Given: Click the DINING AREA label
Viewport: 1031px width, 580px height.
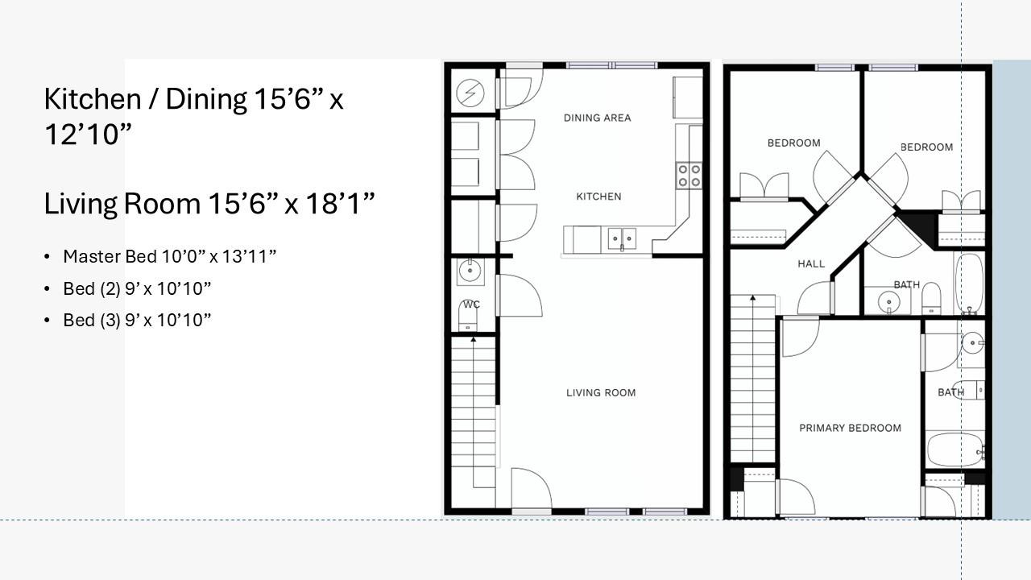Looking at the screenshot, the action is tap(597, 118).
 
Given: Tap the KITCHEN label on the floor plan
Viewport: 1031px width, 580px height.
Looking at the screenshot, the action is tap(598, 197).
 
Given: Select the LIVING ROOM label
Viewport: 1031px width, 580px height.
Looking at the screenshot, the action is tap(601, 392).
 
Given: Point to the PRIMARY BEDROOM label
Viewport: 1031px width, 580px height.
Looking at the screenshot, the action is tap(850, 428).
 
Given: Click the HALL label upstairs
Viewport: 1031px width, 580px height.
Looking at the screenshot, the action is tap(811, 263).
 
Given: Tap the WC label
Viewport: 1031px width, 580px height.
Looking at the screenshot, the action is tap(471, 304).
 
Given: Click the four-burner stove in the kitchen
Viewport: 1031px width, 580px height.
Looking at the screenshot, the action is tap(689, 176).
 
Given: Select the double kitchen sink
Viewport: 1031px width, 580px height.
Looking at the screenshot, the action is tap(622, 239).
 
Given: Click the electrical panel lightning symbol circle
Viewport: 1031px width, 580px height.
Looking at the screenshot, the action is tap(470, 93).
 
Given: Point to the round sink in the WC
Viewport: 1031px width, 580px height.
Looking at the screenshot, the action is tap(470, 271).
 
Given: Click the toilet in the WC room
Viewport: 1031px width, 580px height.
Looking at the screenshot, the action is tap(468, 317).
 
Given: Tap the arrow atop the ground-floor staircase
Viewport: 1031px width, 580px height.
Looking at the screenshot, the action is tap(473, 339).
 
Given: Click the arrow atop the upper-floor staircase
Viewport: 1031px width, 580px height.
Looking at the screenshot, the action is tap(752, 298).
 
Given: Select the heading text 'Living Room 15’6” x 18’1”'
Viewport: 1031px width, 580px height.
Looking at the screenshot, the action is tap(209, 204).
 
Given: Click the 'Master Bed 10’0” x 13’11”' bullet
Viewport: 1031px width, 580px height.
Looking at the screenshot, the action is tap(170, 256).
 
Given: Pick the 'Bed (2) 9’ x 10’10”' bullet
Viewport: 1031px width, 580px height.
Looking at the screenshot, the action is tap(137, 288).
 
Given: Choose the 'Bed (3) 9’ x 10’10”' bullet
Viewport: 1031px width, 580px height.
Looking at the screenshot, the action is tap(137, 320).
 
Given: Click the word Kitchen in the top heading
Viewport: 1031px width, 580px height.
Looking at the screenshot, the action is tap(93, 99).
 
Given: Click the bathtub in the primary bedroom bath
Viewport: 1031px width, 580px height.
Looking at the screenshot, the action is tap(954, 449).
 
